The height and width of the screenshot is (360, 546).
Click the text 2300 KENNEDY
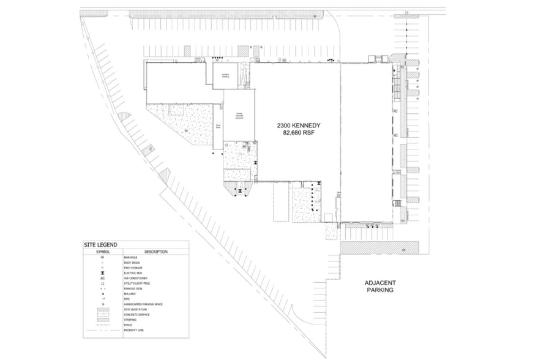299,125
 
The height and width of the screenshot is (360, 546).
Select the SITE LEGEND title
100,245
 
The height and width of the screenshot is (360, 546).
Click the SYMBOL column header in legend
103,252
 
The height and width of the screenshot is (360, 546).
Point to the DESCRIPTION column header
156,252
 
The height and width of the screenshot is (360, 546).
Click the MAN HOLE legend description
130,257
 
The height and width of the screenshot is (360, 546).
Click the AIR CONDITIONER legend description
136,279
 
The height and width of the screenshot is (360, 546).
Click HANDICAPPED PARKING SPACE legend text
143,304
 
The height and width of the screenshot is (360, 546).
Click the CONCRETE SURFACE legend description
136,315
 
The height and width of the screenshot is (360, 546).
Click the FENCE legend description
128,325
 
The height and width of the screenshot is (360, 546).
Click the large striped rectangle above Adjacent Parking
379,247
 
